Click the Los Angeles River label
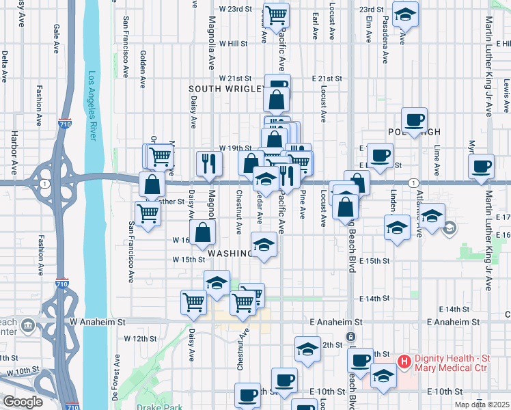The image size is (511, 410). (92, 106)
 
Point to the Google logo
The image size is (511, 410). (23, 402)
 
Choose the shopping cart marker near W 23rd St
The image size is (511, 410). (276, 15)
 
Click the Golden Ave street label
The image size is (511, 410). (142, 68)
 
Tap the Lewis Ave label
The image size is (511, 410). (506, 96)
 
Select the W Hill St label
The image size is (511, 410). (233, 43)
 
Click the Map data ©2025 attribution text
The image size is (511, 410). (482, 405)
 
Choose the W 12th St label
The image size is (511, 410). (136, 338)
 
